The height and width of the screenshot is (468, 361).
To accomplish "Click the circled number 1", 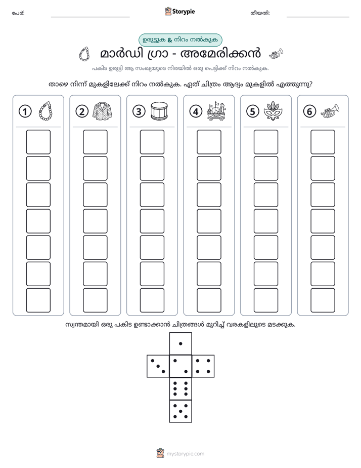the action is (x=25, y=111).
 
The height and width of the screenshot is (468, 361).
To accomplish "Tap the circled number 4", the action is (x=196, y=111).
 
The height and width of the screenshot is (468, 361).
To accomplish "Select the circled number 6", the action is (x=309, y=111).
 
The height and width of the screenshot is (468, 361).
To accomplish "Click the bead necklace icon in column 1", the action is (x=46, y=111).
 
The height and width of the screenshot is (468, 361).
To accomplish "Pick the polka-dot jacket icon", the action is (x=103, y=111).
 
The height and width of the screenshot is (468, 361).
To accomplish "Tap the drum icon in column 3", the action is (x=159, y=111).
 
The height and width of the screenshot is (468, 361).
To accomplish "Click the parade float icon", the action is (x=216, y=111).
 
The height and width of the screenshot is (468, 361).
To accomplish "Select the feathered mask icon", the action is (x=273, y=111).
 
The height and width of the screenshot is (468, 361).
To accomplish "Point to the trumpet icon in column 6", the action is (x=330, y=111).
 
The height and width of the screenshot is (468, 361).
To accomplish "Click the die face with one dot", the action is (x=180, y=343).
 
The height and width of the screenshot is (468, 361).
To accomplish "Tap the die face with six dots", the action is (x=180, y=388).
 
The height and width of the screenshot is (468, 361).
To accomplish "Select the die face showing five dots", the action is (x=180, y=411).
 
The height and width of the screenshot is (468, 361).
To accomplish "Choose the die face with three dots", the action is (x=158, y=366).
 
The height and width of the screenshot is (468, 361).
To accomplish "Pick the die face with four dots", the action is (x=203, y=366).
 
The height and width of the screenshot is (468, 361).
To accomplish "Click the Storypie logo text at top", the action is (x=184, y=12).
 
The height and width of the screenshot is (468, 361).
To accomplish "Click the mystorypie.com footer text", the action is (x=185, y=454).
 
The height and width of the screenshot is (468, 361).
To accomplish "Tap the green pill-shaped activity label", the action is (x=180, y=40).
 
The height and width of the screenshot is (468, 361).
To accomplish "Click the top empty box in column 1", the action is (x=38, y=142).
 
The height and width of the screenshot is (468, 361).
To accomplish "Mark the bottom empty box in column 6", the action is (x=323, y=300).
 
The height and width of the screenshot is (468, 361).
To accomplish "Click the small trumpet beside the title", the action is (x=276, y=54).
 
